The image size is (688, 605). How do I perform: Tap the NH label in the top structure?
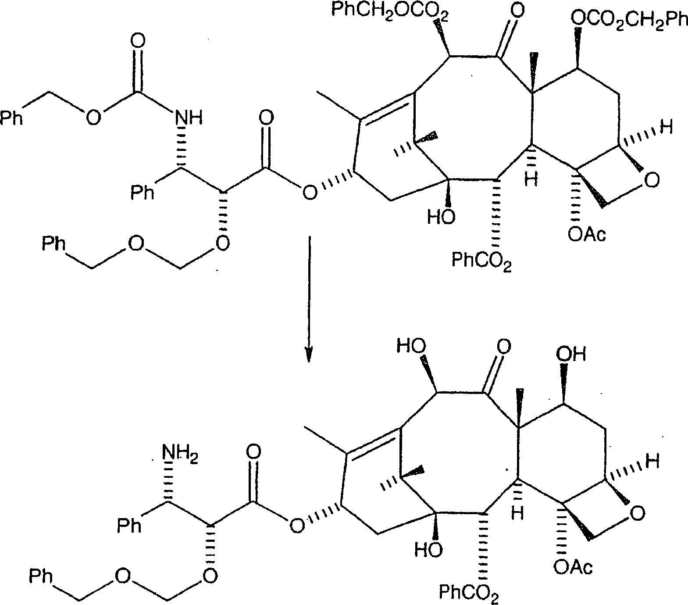pyautogui.click(x=189, y=118)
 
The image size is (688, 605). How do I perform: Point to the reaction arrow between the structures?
pyautogui.click(x=310, y=298)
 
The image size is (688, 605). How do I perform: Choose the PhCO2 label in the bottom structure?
pyautogui.click(x=469, y=594)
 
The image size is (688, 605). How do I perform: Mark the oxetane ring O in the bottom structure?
pyautogui.click(x=638, y=512)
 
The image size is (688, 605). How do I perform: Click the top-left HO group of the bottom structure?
pyautogui.click(x=411, y=347)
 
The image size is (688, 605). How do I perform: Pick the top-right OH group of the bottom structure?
pyautogui.click(x=570, y=354)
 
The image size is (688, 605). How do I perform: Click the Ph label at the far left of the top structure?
pyautogui.click(x=12, y=118)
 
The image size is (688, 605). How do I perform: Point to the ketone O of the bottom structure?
pyautogui.click(x=504, y=347)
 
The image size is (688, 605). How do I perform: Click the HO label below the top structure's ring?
pyautogui.click(x=441, y=217)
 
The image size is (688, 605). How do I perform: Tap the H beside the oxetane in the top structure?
pyautogui.click(x=667, y=129)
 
